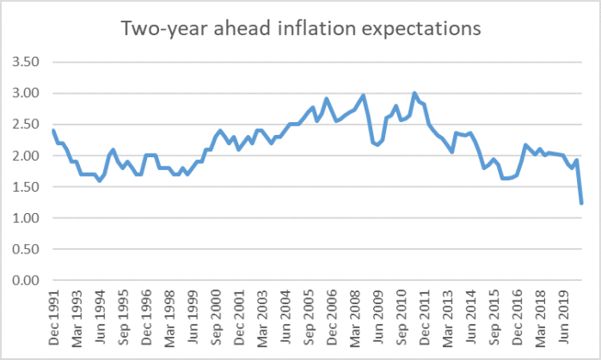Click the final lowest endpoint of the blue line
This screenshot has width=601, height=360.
click(x=582, y=204)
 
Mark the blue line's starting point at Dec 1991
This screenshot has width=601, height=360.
click(x=53, y=131)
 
